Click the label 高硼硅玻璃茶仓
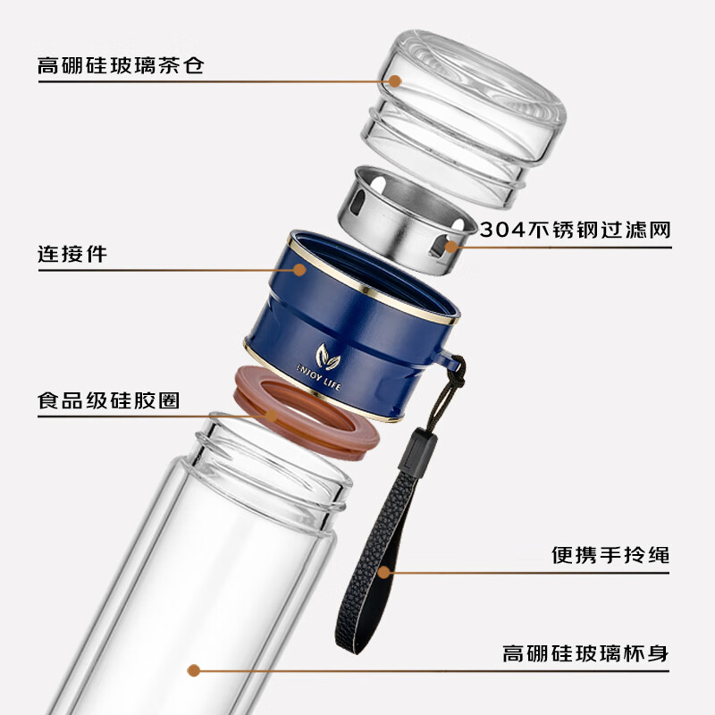tap(121, 65)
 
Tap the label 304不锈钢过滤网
tap(576, 230)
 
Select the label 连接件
tap(72, 254)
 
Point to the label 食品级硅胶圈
tap(108, 400)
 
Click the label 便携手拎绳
tap(610, 555)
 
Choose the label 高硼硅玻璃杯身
tap(585, 653)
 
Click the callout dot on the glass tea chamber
tap(395, 81)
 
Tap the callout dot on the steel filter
tap(451, 248)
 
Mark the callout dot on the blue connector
tap(299, 270)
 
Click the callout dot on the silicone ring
tap(272, 416)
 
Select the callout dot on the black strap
tap(384, 572)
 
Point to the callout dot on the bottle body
tap(194, 670)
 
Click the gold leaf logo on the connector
tap(328, 356)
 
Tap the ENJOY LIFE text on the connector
tap(319, 377)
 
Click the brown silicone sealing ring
tap(306, 413)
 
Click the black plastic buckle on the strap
tap(417, 451)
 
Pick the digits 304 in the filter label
tap(502, 230)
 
